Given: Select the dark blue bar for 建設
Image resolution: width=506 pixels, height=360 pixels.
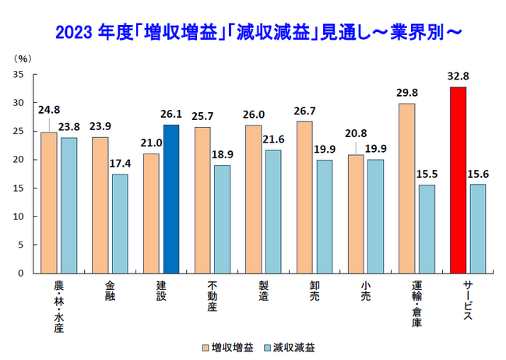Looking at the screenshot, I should (x=171, y=199).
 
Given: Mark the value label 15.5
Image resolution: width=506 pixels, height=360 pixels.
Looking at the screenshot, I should (x=426, y=176).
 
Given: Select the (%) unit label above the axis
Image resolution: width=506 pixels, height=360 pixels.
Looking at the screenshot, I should (x=23, y=58).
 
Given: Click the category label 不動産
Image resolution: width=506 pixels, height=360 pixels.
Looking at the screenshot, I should (x=212, y=296).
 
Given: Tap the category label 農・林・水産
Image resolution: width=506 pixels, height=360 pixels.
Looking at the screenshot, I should (x=59, y=305).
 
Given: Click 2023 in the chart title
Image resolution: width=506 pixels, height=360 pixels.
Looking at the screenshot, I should (x=76, y=33).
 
